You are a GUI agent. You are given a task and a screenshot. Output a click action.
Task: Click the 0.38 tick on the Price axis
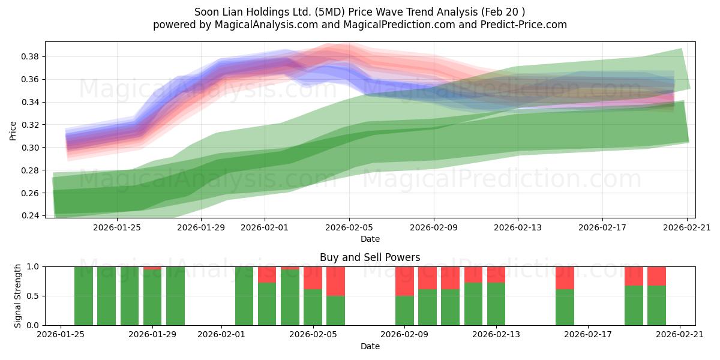tap(29, 57)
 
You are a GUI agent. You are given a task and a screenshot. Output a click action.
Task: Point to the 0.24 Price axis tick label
tap(29, 215)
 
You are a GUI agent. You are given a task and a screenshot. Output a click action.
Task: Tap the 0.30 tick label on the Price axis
tap(29, 148)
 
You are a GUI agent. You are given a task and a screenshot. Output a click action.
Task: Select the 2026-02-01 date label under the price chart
tap(265, 228)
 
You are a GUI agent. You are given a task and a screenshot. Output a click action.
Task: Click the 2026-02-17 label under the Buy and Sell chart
tap(588, 335)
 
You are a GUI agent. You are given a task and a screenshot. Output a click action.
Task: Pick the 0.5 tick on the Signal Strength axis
tap(32, 296)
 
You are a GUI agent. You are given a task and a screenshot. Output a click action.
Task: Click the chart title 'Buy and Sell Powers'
tap(370, 257)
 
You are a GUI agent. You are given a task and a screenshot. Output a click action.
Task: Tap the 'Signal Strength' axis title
tap(17, 296)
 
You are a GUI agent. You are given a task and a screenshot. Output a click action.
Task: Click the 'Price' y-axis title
tap(13, 131)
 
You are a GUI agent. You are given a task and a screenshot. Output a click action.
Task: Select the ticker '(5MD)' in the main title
tap(330, 12)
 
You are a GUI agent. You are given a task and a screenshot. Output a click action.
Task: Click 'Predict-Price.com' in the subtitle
tap(524, 25)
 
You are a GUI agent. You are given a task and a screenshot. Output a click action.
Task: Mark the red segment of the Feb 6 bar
tap(335, 281)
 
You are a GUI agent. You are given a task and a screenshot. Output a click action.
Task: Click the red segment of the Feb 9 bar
tap(404, 281)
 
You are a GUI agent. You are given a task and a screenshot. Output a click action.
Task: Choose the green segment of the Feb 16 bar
tap(565, 307)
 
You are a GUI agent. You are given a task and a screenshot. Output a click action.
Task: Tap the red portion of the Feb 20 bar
tap(656, 276)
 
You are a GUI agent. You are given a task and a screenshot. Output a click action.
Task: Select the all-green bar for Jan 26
tap(83, 296)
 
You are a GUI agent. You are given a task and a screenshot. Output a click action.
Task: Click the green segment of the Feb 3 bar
tap(267, 304)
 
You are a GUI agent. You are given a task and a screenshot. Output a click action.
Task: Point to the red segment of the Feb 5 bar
tap(313, 278)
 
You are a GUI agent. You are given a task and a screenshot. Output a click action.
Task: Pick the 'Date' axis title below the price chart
tap(370, 239)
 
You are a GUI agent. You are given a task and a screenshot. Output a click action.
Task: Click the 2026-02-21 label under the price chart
tap(687, 228)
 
